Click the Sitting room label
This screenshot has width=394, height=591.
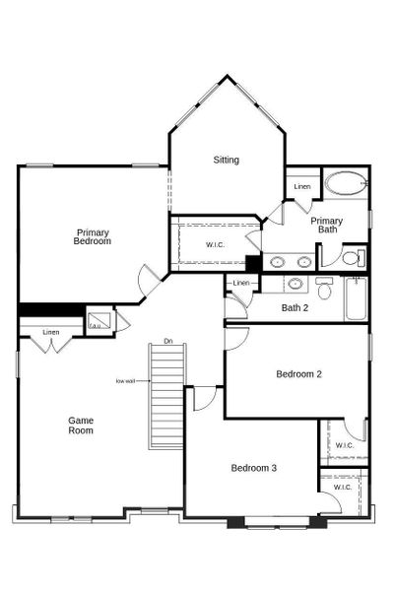(x=227, y=160)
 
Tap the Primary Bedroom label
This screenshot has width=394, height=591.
(x=93, y=236)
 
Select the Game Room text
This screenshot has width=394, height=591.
(x=81, y=426)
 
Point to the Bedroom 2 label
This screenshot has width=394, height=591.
(x=299, y=374)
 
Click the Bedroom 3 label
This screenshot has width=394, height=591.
(x=254, y=468)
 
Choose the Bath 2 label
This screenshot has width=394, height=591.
(x=295, y=308)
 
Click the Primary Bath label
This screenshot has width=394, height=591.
(x=327, y=226)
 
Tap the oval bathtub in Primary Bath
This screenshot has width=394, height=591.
(x=345, y=183)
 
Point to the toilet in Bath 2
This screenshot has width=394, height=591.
(x=324, y=288)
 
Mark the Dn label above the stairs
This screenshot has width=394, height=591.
(x=168, y=341)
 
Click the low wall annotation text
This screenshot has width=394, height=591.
(x=125, y=380)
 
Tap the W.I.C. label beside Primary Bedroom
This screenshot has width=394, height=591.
(x=217, y=244)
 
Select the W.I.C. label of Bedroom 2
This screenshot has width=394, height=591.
(x=344, y=445)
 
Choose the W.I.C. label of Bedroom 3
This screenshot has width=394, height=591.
(x=342, y=487)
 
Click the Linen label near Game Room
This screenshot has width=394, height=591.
(x=51, y=332)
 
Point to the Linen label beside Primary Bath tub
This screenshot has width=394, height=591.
(x=302, y=186)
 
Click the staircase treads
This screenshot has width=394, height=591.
(x=167, y=394)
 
